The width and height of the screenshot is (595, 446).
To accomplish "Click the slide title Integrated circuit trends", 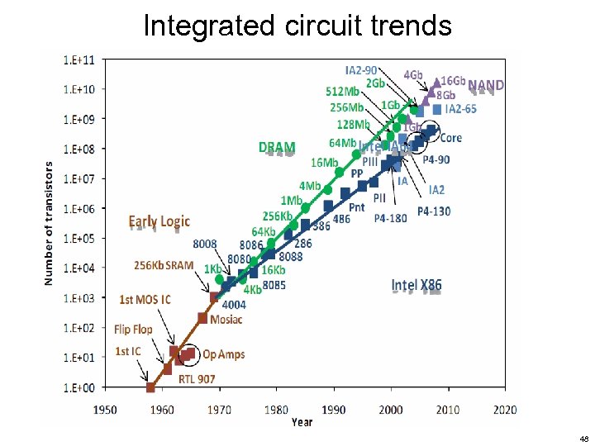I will tap(297, 25).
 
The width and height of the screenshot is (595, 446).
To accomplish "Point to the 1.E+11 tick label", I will tap(79, 59).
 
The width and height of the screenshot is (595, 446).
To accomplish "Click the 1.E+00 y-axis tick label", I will tap(79, 387).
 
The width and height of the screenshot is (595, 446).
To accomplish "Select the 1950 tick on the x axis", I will tap(104, 410).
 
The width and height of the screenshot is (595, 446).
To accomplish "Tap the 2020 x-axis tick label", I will tap(504, 410).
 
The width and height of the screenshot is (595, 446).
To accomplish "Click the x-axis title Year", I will tap(302, 423).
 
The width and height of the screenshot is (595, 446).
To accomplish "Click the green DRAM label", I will tap(277, 148).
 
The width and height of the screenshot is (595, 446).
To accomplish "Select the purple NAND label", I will tap(486, 85).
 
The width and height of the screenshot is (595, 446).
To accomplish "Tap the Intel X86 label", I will tap(416, 286).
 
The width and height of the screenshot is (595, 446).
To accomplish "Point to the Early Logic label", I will tap(159, 221).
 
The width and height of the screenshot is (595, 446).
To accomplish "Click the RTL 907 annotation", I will tap(196, 379).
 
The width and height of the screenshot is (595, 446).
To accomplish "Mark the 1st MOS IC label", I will tap(145, 299).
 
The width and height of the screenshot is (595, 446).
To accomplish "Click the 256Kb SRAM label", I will tap(164, 266).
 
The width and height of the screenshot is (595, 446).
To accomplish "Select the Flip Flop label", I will tap(133, 329).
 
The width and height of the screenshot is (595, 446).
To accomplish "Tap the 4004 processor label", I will tap(234, 305).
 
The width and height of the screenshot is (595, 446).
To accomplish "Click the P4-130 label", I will tap(434, 211).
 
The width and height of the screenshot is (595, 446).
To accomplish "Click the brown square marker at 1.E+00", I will tap(150, 387).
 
